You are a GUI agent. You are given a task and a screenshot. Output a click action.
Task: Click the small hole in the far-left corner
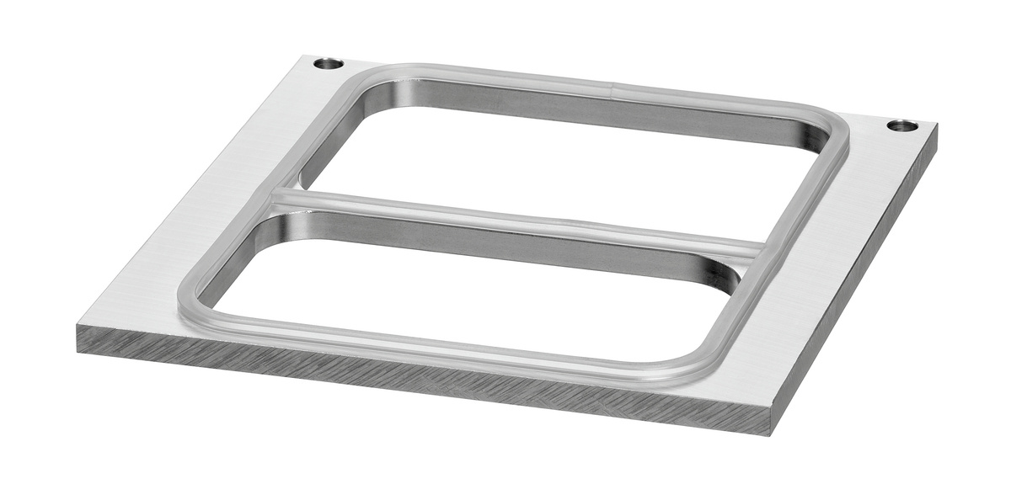pyautogui.click(x=329, y=64)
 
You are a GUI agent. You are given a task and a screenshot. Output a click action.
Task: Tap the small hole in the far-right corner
pyautogui.click(x=902, y=126)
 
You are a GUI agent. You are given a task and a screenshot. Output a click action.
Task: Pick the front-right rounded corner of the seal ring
pyautogui.click(x=691, y=366)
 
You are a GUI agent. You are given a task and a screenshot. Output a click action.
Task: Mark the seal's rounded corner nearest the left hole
pyautogui.click(x=371, y=73)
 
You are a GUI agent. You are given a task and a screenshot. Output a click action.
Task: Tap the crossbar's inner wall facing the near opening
pyautogui.click(x=505, y=240)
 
